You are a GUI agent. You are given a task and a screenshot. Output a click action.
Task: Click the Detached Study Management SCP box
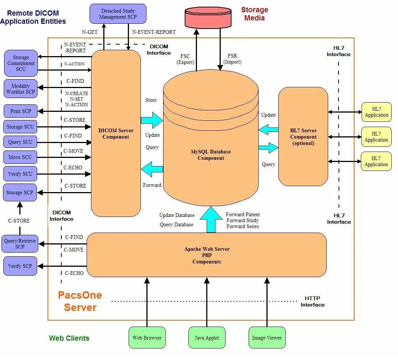coord(118,14)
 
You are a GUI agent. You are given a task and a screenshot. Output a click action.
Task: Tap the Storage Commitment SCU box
coord(21,63)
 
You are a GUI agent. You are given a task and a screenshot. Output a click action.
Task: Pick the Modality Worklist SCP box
coord(20,89)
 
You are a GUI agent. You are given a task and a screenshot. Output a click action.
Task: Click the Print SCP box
coord(20,111)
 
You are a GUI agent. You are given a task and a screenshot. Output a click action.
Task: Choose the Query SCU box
coord(20,142)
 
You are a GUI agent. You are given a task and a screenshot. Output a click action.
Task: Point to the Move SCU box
coord(20,157)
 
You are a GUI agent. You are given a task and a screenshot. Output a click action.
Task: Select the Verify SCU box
coord(20,174)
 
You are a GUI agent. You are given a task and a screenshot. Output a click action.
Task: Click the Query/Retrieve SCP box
coord(20,244)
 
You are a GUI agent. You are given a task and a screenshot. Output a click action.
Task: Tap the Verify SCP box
coord(20,266)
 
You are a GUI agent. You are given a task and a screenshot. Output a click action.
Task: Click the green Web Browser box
coord(147,338)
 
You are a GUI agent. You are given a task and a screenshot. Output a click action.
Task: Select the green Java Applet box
coord(207,338)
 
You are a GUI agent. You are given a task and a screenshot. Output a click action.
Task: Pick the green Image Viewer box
coord(267,338)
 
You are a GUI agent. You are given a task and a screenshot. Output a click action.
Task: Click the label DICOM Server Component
coord(116,134)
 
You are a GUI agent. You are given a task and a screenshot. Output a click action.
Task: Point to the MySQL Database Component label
coord(211,155)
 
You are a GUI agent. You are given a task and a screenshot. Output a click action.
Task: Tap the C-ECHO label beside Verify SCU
coord(73,168)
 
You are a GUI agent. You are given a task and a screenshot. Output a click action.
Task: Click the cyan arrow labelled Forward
coord(152,169)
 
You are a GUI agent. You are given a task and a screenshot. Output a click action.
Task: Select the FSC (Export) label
coord(185,59)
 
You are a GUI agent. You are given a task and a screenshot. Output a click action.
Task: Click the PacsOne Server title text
coord(80,301)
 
